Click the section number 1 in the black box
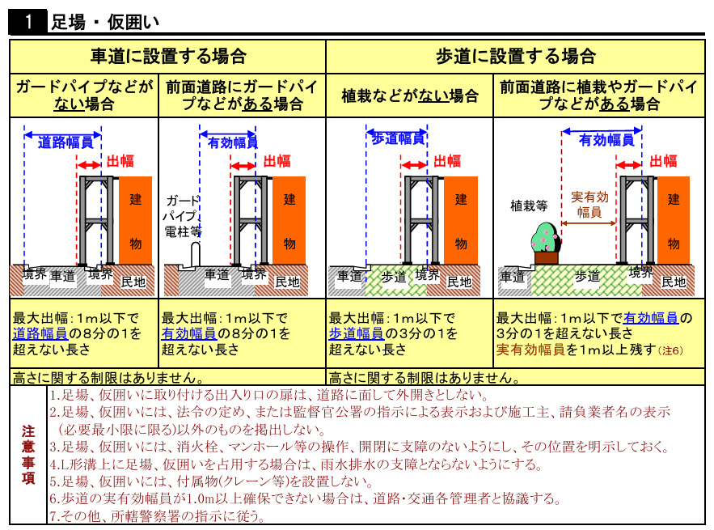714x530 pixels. tap(28, 21)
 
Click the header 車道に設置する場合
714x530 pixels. tap(168, 57)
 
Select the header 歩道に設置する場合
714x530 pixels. tap(516, 57)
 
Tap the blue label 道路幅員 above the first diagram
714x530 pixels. tap(65, 142)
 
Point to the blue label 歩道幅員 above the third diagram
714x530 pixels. tap(398, 138)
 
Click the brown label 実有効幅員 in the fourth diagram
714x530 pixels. tap(589, 204)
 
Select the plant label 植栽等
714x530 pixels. tap(529, 206)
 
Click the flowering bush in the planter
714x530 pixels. tap(546, 238)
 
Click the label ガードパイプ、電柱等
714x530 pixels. tap(183, 216)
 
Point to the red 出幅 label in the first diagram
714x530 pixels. tap(120, 161)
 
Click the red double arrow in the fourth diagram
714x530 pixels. tap(629, 164)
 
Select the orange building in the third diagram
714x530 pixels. tap(461, 220)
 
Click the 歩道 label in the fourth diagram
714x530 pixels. tap(587, 276)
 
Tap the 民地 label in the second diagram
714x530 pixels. tap(287, 282)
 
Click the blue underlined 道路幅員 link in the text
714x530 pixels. tap(40, 333)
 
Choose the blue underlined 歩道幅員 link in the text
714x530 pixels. tap(357, 333)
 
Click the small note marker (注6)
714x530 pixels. tap(670, 350)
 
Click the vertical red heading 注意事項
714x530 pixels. tap(28, 455)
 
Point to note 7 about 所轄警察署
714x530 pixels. tap(157, 516)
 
